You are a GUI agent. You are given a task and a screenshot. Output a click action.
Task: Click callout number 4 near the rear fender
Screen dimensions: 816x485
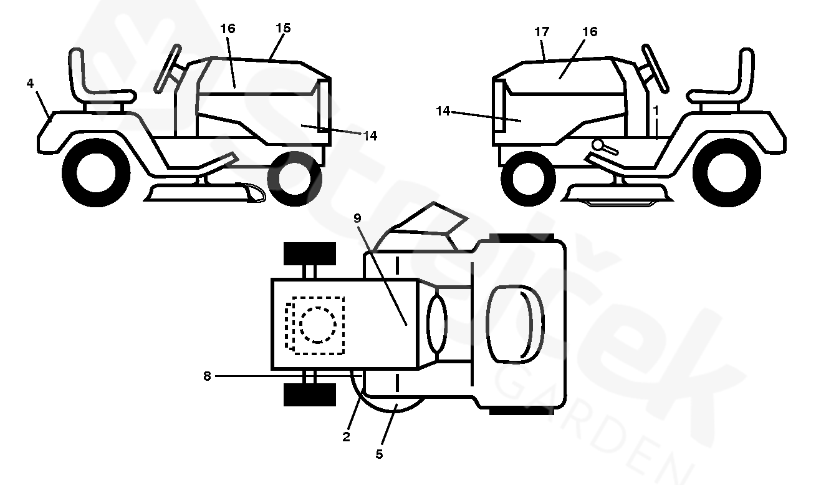[31, 83]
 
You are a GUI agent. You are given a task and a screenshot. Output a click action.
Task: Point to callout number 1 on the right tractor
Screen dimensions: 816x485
[656, 109]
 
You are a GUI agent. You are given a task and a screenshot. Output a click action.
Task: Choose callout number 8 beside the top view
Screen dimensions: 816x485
[207, 376]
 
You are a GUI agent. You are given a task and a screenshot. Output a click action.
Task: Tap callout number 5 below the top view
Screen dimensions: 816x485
[379, 454]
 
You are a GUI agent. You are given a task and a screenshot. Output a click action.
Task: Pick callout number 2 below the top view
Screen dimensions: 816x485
[347, 437]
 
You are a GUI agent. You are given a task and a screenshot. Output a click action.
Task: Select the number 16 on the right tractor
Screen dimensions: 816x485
[590, 32]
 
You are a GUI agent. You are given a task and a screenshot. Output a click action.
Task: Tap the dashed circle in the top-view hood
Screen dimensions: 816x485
[318, 325]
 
